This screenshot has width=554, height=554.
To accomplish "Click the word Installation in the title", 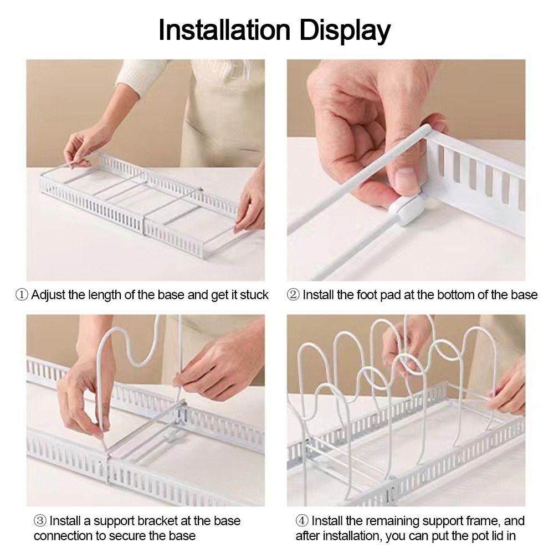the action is [224, 30].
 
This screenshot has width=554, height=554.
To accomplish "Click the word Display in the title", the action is [345, 32].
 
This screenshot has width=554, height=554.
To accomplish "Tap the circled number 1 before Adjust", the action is [22, 295].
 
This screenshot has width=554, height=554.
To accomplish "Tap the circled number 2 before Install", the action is [293, 295].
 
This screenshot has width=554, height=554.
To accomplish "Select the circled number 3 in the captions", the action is [40, 521].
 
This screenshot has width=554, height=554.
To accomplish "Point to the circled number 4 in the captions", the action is [302, 521].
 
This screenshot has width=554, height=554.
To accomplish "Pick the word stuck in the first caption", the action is [254, 295].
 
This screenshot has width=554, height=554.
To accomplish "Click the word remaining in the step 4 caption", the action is [392, 521].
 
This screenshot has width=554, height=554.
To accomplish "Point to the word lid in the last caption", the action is [497, 536].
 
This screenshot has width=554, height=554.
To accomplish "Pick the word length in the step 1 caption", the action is [103, 295].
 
